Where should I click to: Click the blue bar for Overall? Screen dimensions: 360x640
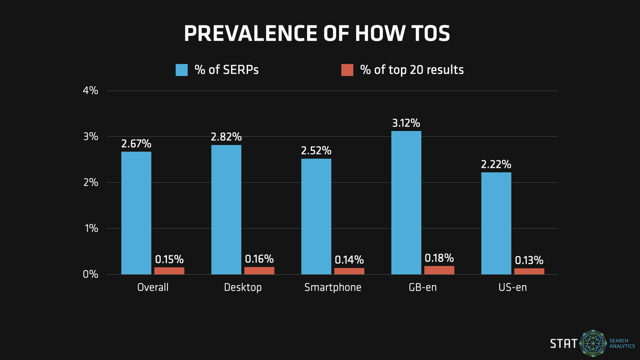point(136,213)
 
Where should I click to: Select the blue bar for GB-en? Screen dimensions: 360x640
point(406,203)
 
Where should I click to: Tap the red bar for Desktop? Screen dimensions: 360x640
point(259,270)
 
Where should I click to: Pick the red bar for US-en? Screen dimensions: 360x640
point(529,271)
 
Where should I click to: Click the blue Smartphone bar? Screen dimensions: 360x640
point(316,217)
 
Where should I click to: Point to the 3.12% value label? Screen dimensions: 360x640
point(406,123)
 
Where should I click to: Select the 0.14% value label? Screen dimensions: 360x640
point(349,260)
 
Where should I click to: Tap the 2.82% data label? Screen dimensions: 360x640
point(226,137)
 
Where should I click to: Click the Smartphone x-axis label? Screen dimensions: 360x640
point(333,287)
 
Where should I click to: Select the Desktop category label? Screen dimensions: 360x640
point(243,287)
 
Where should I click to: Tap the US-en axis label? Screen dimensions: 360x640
point(513,287)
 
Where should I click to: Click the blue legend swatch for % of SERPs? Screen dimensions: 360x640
point(182,70)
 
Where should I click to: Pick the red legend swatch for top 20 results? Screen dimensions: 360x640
point(347,70)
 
